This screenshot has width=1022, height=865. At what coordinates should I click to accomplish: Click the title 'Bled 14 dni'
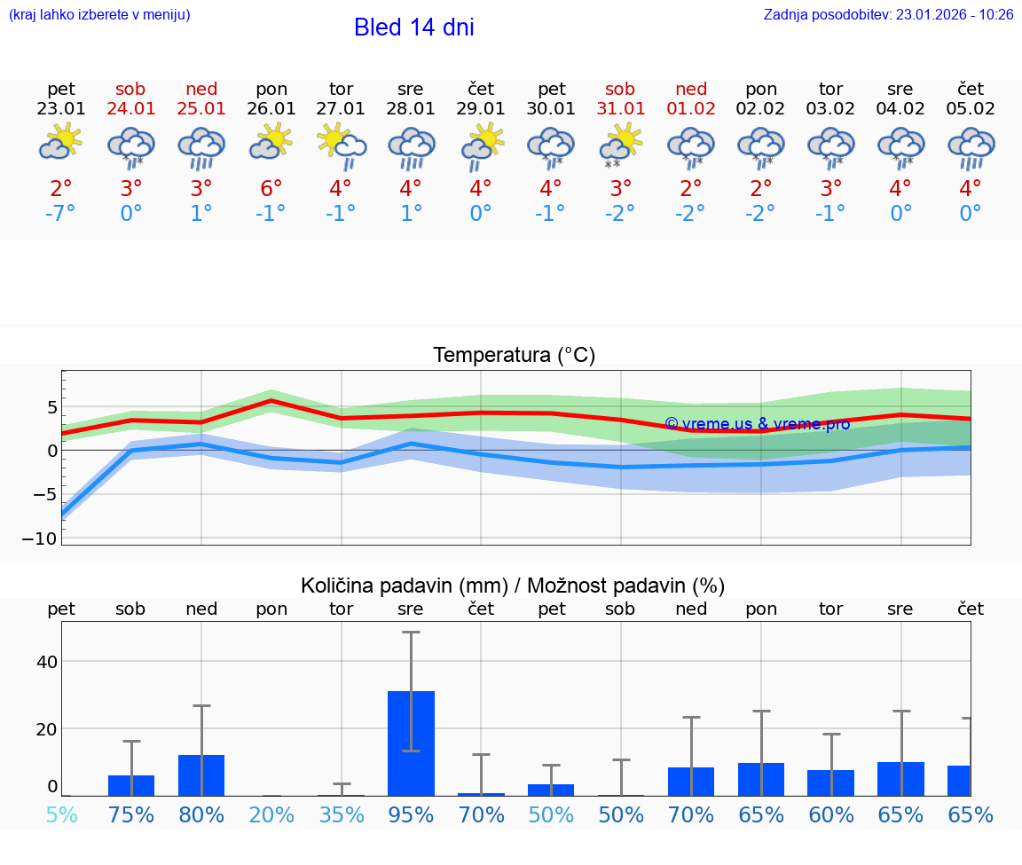click(413, 28)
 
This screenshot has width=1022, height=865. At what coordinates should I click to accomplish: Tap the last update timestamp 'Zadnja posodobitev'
click(888, 15)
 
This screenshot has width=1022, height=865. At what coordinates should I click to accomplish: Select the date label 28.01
click(411, 109)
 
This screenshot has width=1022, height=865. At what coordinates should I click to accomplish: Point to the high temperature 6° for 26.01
click(271, 189)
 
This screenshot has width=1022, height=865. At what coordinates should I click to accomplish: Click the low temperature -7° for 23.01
click(60, 214)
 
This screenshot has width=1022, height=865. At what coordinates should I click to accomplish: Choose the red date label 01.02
click(691, 109)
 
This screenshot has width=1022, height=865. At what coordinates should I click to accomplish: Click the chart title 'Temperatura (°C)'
click(514, 356)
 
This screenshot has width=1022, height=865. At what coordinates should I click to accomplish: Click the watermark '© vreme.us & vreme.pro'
click(757, 423)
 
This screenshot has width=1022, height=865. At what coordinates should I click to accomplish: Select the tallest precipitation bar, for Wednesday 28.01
click(411, 743)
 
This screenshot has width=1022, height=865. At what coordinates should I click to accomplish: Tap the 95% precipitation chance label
click(411, 815)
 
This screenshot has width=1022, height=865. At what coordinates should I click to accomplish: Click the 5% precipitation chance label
click(60, 815)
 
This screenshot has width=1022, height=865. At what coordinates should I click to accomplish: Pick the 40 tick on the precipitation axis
click(46, 662)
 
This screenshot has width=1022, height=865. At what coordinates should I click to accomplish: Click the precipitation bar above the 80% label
click(201, 775)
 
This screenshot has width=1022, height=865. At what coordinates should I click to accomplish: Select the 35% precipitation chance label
click(341, 815)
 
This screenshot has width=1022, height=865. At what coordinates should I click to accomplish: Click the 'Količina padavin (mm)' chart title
click(513, 586)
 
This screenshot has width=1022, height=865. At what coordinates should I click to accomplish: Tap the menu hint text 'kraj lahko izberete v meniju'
click(98, 15)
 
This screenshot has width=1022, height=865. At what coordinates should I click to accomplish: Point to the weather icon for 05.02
click(971, 147)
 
